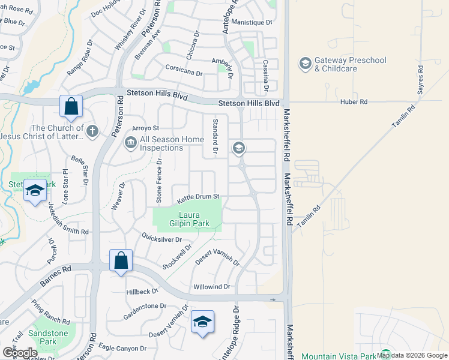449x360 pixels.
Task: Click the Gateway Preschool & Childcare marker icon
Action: [x=305, y=63]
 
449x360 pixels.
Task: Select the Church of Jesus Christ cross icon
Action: [x=92, y=131]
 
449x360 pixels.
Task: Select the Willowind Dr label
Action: [x=211, y=287]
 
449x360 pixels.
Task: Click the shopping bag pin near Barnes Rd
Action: [x=121, y=261]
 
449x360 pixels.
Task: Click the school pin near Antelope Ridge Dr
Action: [x=202, y=322]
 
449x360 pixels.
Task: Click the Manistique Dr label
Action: [x=252, y=22]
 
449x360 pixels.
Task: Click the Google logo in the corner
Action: [x=19, y=352]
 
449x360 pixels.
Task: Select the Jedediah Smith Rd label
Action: [x=68, y=217]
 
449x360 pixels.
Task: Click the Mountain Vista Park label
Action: [x=337, y=356]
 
